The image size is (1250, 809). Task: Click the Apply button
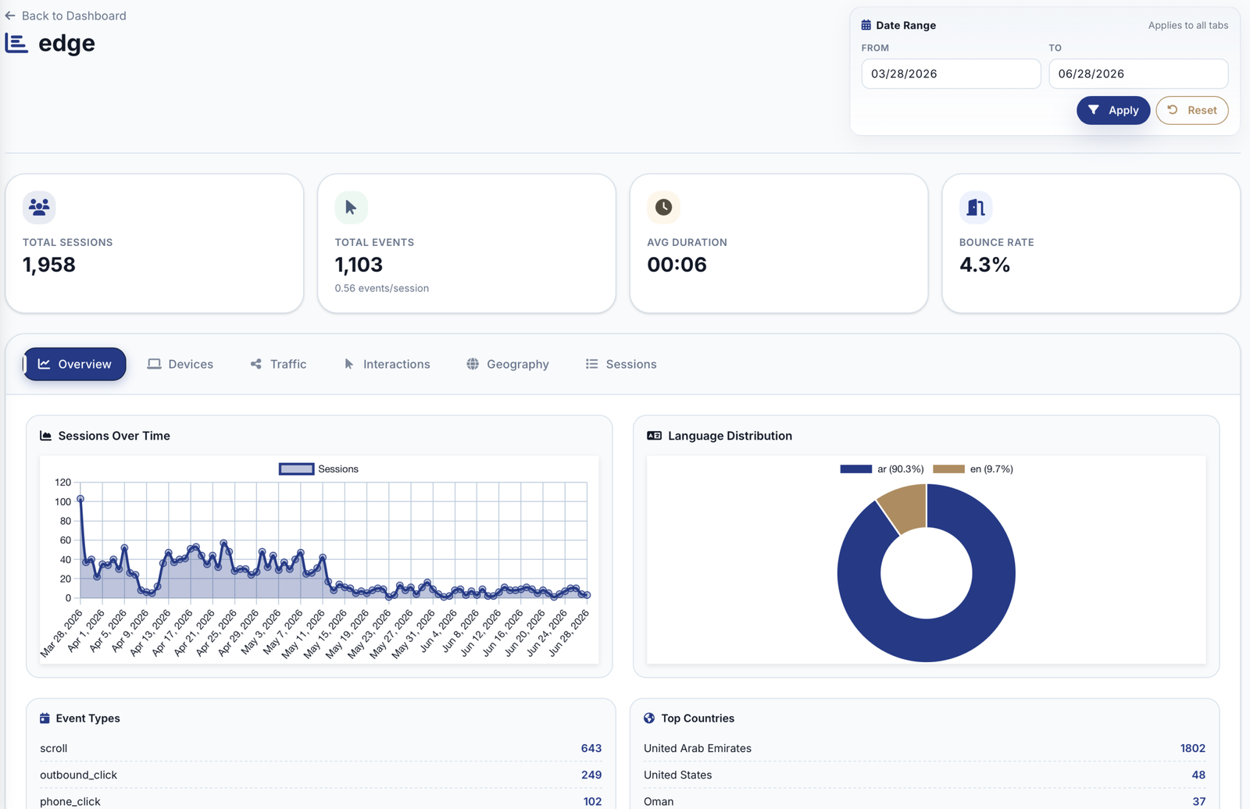tap(1112, 110)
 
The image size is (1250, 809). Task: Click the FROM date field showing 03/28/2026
tap(951, 73)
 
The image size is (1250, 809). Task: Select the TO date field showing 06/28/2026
tap(1138, 73)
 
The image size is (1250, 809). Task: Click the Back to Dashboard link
tap(66, 16)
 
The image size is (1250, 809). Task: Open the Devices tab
tap(180, 364)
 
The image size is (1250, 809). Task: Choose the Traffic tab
tap(278, 364)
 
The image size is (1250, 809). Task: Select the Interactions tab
tap(387, 364)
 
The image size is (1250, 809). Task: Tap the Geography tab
tap(508, 364)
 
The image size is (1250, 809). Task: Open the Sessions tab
tap(621, 364)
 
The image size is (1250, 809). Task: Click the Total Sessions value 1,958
tap(49, 265)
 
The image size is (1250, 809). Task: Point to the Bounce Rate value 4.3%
tap(984, 265)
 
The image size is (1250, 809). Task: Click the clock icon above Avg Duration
tap(663, 207)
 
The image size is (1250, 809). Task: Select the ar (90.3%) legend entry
tap(882, 469)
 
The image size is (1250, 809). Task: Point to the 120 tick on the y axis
tap(63, 482)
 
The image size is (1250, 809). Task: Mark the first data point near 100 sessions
tap(80, 499)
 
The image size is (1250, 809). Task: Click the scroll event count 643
tap(591, 748)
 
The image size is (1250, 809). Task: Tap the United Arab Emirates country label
tap(698, 748)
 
